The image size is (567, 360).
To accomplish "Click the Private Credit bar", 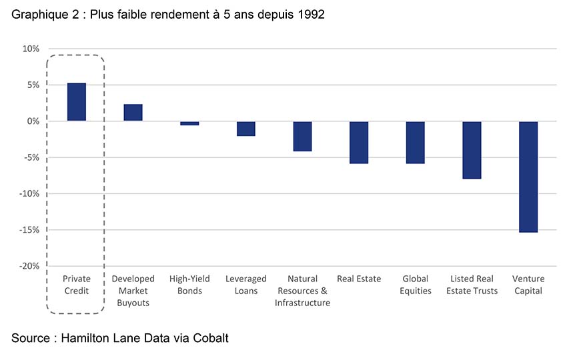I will (77, 102).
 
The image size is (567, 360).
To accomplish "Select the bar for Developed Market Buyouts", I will (133, 113).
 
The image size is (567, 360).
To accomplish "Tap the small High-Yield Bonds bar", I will (189, 123).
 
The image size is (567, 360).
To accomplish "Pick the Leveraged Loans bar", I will (246, 129).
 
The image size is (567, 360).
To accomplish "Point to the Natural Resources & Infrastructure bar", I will (302, 136).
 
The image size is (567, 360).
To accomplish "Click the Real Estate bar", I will (359, 142).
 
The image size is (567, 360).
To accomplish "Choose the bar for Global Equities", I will (415, 142).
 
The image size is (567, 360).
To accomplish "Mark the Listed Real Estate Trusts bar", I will (472, 150).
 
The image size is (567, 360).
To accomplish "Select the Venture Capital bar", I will (528, 177).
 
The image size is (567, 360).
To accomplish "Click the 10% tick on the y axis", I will (31, 49).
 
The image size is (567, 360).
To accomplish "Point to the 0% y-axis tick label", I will (33, 121).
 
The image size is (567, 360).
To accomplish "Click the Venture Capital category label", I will (528, 285).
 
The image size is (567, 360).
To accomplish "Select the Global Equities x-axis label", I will (415, 285).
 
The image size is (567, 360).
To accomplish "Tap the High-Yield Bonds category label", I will (189, 285).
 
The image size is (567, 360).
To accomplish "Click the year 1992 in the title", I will (310, 14).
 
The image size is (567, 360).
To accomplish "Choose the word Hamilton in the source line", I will (88, 338).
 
